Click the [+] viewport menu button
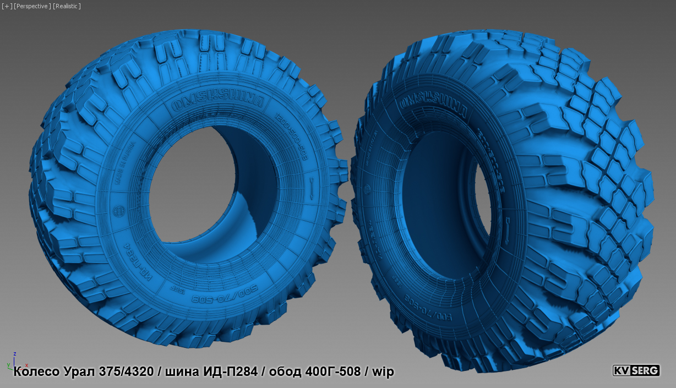tap(6, 6)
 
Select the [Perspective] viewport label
tap(32, 6)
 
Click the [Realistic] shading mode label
tap(67, 6)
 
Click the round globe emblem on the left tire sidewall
tap(117, 211)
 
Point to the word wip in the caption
tap(383, 371)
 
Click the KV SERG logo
tap(636, 370)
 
